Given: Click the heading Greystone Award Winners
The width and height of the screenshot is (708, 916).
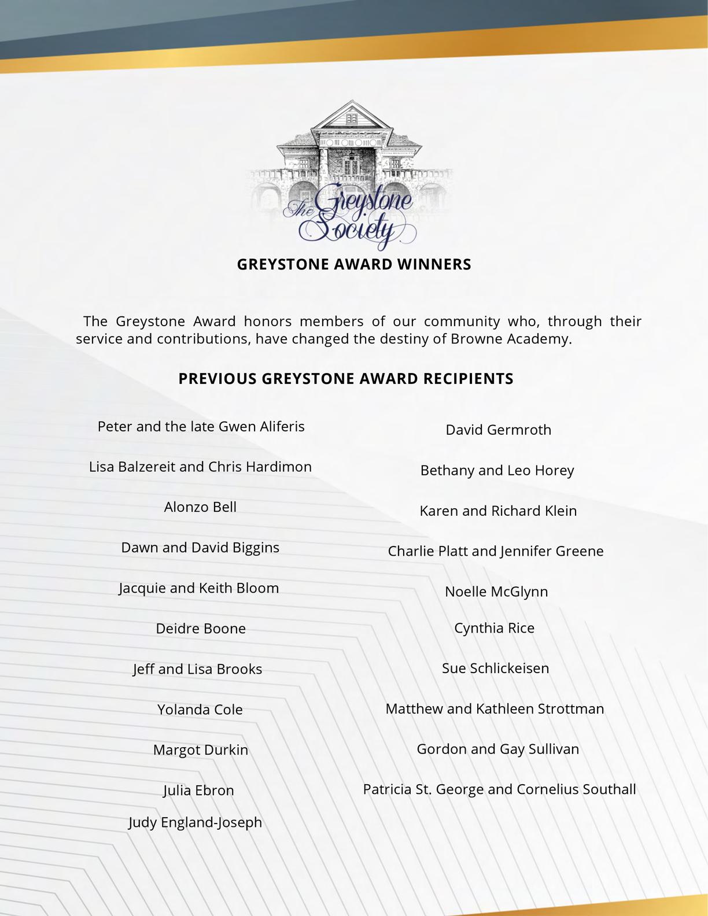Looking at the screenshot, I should coord(354,264).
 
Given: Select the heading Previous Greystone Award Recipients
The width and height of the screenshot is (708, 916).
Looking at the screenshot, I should coord(346,379).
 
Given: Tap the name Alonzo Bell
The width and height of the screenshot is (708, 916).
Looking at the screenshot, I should coord(200,507).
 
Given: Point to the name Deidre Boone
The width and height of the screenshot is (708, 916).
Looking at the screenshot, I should coord(201,629).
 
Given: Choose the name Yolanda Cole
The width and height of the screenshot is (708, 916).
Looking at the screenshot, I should coord(200,710).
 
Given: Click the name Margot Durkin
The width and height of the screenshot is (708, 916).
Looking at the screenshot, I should coord(201,750).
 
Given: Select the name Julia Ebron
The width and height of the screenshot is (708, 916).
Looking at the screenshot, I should coord(198,791).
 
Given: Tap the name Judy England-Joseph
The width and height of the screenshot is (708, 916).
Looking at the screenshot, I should coord(196,822).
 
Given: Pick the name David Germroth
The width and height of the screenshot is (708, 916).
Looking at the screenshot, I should coord(498,430).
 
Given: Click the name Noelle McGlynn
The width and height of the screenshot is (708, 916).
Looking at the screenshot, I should coord(496,592).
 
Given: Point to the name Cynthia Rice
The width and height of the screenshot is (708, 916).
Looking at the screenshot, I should coord(494,628).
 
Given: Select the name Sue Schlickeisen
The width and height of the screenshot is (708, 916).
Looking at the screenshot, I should coord(496,668).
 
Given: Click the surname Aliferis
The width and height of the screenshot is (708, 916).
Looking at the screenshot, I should coord(282,427).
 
